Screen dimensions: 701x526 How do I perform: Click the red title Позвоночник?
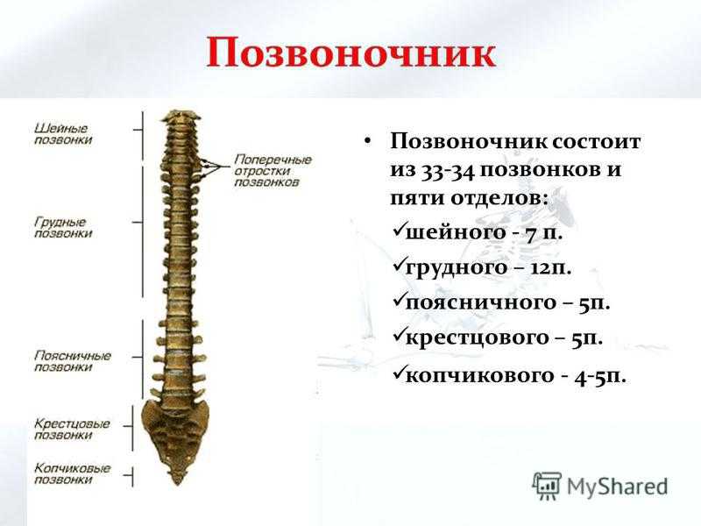click(x=351, y=53)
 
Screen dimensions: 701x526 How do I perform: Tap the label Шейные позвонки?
click(x=63, y=134)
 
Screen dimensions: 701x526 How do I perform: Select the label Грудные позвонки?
click(x=63, y=228)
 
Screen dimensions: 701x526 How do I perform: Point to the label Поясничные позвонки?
click(x=73, y=361)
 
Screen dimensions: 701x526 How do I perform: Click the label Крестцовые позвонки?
click(x=72, y=429)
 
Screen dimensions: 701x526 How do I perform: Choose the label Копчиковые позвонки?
click(x=72, y=473)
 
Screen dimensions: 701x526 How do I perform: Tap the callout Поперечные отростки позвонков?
click(x=273, y=171)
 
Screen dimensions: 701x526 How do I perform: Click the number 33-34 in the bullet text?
click(x=447, y=170)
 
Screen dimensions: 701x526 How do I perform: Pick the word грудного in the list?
click(x=450, y=268)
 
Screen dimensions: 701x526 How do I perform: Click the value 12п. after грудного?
click(x=550, y=268)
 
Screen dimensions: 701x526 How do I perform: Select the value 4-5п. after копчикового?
click(x=600, y=376)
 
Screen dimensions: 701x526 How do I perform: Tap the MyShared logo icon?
click(x=547, y=486)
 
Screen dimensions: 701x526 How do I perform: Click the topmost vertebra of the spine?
click(x=181, y=117)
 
